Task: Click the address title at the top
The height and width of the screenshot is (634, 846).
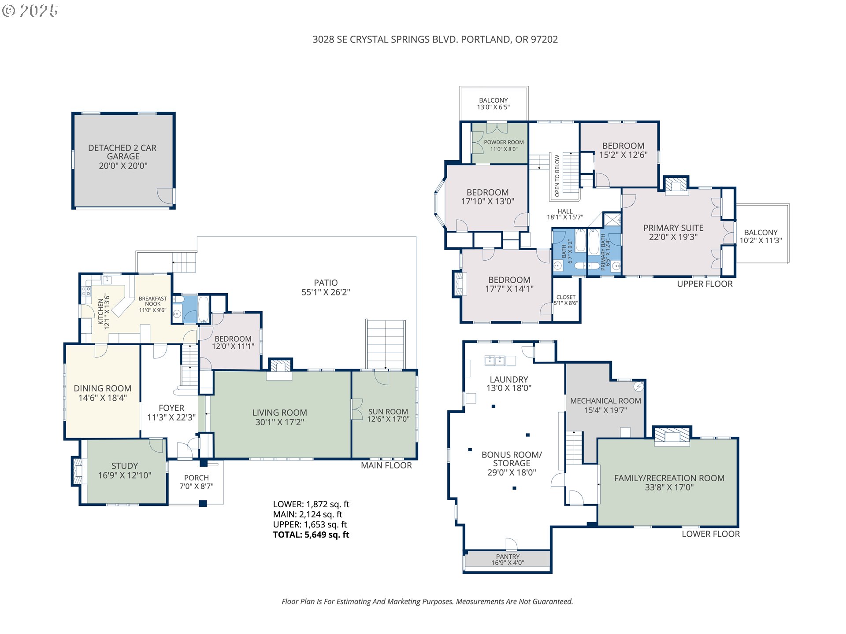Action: pos(435,40)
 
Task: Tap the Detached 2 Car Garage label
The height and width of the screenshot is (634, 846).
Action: pos(122,157)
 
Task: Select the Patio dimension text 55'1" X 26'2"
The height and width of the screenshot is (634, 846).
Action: pos(326,292)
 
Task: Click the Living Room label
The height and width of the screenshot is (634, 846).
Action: pos(280,417)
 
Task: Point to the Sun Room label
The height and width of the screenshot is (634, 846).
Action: pos(388,415)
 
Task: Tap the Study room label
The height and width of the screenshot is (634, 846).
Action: pos(125,471)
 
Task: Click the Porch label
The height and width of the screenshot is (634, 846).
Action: pos(197,482)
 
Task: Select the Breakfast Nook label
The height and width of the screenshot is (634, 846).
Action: pos(153,304)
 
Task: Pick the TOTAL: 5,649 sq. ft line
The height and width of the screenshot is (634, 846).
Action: pos(311,535)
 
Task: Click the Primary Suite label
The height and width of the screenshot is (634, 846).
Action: pos(673,232)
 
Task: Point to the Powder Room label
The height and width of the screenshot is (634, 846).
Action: pos(504,146)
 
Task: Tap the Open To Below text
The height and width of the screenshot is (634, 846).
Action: pos(557,176)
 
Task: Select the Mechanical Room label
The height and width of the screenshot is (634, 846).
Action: pos(605,405)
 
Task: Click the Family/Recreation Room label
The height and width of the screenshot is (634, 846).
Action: pos(669,483)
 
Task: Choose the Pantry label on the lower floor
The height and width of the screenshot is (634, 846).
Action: pos(508,560)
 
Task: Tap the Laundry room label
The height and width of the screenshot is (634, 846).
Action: pos(509,384)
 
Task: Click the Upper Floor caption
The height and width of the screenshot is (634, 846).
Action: pos(705,284)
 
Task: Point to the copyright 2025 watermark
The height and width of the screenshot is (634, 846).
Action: pos(30,11)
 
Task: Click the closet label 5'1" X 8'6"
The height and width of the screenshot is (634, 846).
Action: pos(566,300)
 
